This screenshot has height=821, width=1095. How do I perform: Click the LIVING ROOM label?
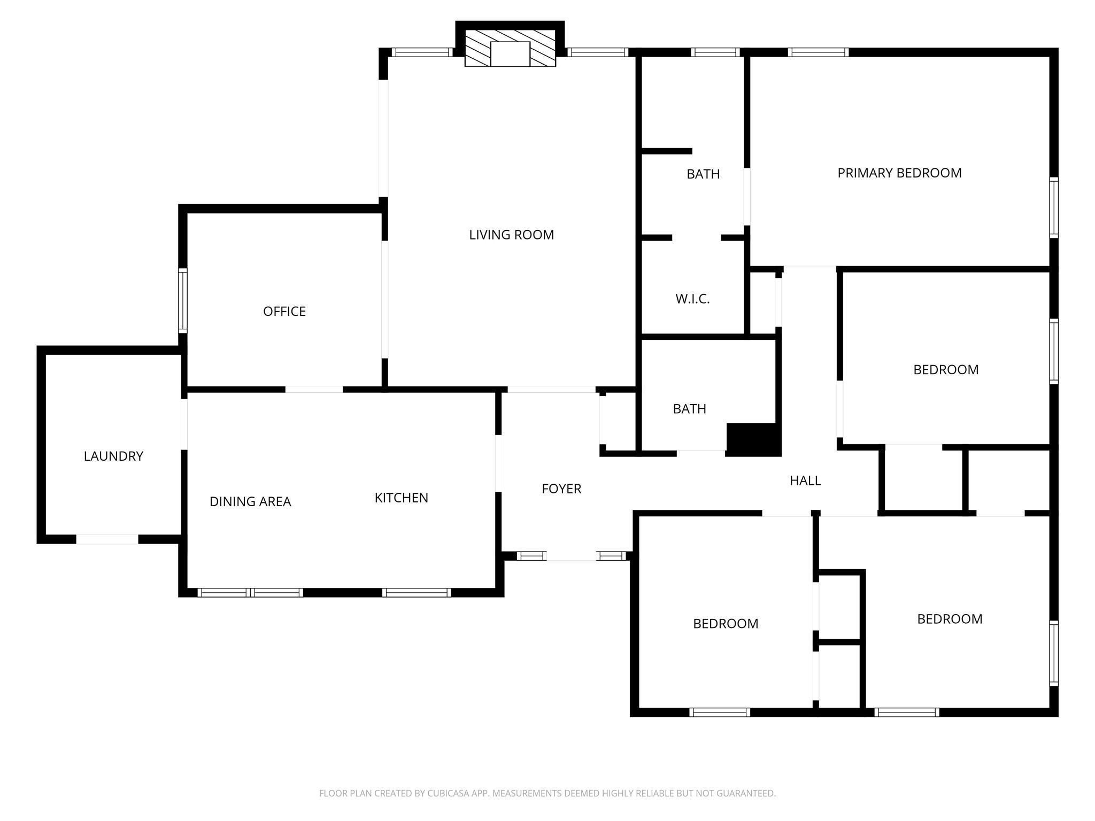[511, 235]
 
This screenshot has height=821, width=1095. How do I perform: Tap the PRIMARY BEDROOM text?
[899, 173]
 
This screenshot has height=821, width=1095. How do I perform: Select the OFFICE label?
[284, 312]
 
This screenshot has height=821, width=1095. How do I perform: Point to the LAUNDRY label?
[113, 456]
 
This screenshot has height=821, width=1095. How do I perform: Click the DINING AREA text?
[250, 502]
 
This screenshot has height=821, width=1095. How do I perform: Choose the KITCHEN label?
[401, 498]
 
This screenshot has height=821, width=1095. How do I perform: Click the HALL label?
[805, 481]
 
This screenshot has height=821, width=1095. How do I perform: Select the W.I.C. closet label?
[692, 299]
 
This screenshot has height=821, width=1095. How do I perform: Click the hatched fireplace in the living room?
[510, 49]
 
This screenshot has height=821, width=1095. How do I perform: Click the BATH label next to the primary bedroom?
[703, 174]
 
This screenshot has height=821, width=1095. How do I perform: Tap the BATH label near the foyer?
[689, 409]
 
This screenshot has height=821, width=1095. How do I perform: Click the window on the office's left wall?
[183, 300]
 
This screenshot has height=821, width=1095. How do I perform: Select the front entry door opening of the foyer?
[571, 556]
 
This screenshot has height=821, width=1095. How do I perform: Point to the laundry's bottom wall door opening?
[107, 539]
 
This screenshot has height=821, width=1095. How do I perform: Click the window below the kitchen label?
[417, 592]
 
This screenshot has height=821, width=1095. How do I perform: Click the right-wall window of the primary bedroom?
[1053, 207]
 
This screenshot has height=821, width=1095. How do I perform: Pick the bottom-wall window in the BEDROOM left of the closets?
[720, 712]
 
